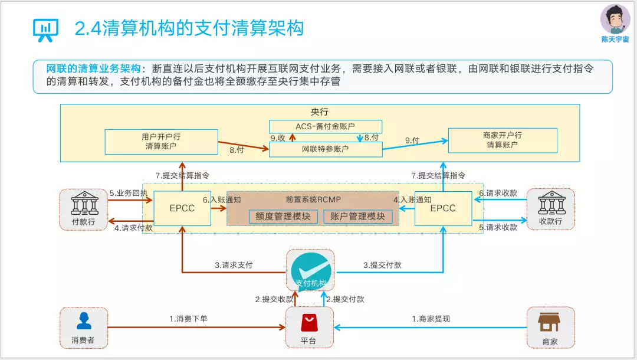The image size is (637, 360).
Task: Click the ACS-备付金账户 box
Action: (x=326, y=126)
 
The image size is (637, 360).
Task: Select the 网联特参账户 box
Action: (x=326, y=149)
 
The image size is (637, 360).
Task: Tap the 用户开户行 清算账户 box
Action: (x=161, y=142)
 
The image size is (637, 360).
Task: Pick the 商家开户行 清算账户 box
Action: (x=503, y=140)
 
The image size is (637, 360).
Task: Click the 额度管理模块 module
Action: (x=283, y=217)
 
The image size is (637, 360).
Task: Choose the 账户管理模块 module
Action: (x=357, y=217)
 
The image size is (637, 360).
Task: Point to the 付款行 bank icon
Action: (x=84, y=203)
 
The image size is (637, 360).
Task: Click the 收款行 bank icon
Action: (x=551, y=203)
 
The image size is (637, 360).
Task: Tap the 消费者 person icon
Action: (x=84, y=321)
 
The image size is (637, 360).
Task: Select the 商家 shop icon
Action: (x=549, y=322)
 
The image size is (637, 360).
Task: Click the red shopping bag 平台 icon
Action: (x=309, y=323)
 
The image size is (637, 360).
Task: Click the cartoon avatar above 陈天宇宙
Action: (x=615, y=19)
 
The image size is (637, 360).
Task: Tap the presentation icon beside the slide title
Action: (x=45, y=30)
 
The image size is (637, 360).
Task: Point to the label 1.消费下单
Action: (x=188, y=319)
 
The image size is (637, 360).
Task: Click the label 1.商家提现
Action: (x=431, y=319)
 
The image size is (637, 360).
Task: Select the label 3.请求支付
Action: (x=234, y=266)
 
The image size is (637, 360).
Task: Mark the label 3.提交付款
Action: (x=382, y=266)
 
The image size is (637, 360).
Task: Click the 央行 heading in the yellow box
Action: (x=319, y=112)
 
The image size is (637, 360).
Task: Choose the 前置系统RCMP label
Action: (x=313, y=199)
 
